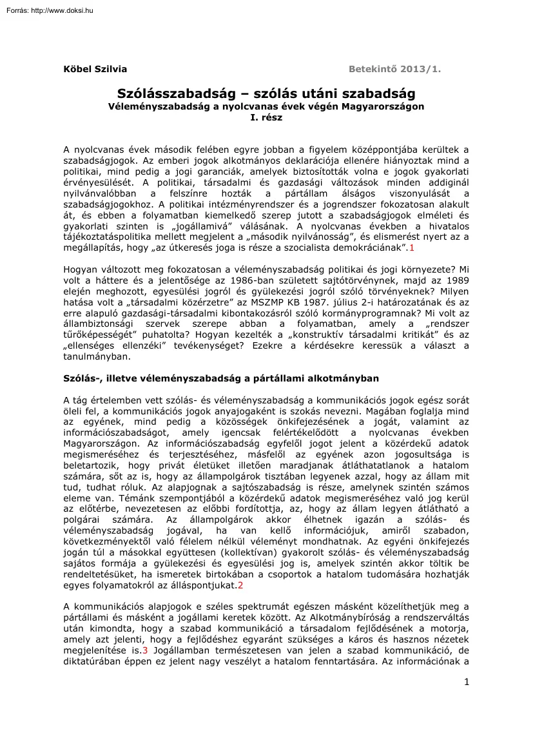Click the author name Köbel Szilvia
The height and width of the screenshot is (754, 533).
coord(95,70)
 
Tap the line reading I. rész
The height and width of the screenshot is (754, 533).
coord(266,118)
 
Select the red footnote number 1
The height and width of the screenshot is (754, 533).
coord(412,247)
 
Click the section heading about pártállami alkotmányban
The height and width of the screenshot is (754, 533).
coord(221,378)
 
